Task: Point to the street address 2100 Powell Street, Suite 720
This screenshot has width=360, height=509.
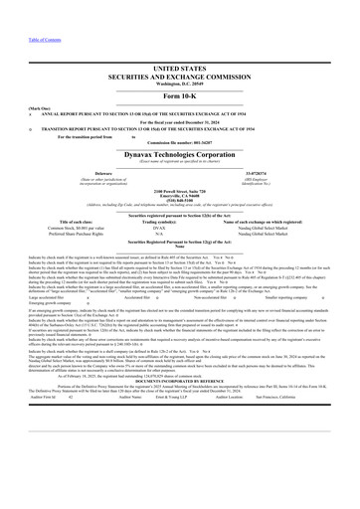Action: click(180, 188)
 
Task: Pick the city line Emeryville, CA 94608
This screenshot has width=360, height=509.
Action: click(180, 193)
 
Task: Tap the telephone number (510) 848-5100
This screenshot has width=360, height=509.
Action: click(180, 198)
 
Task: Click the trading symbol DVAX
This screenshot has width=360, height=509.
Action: click(180, 226)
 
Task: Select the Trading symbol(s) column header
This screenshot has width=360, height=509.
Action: click(180, 220)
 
